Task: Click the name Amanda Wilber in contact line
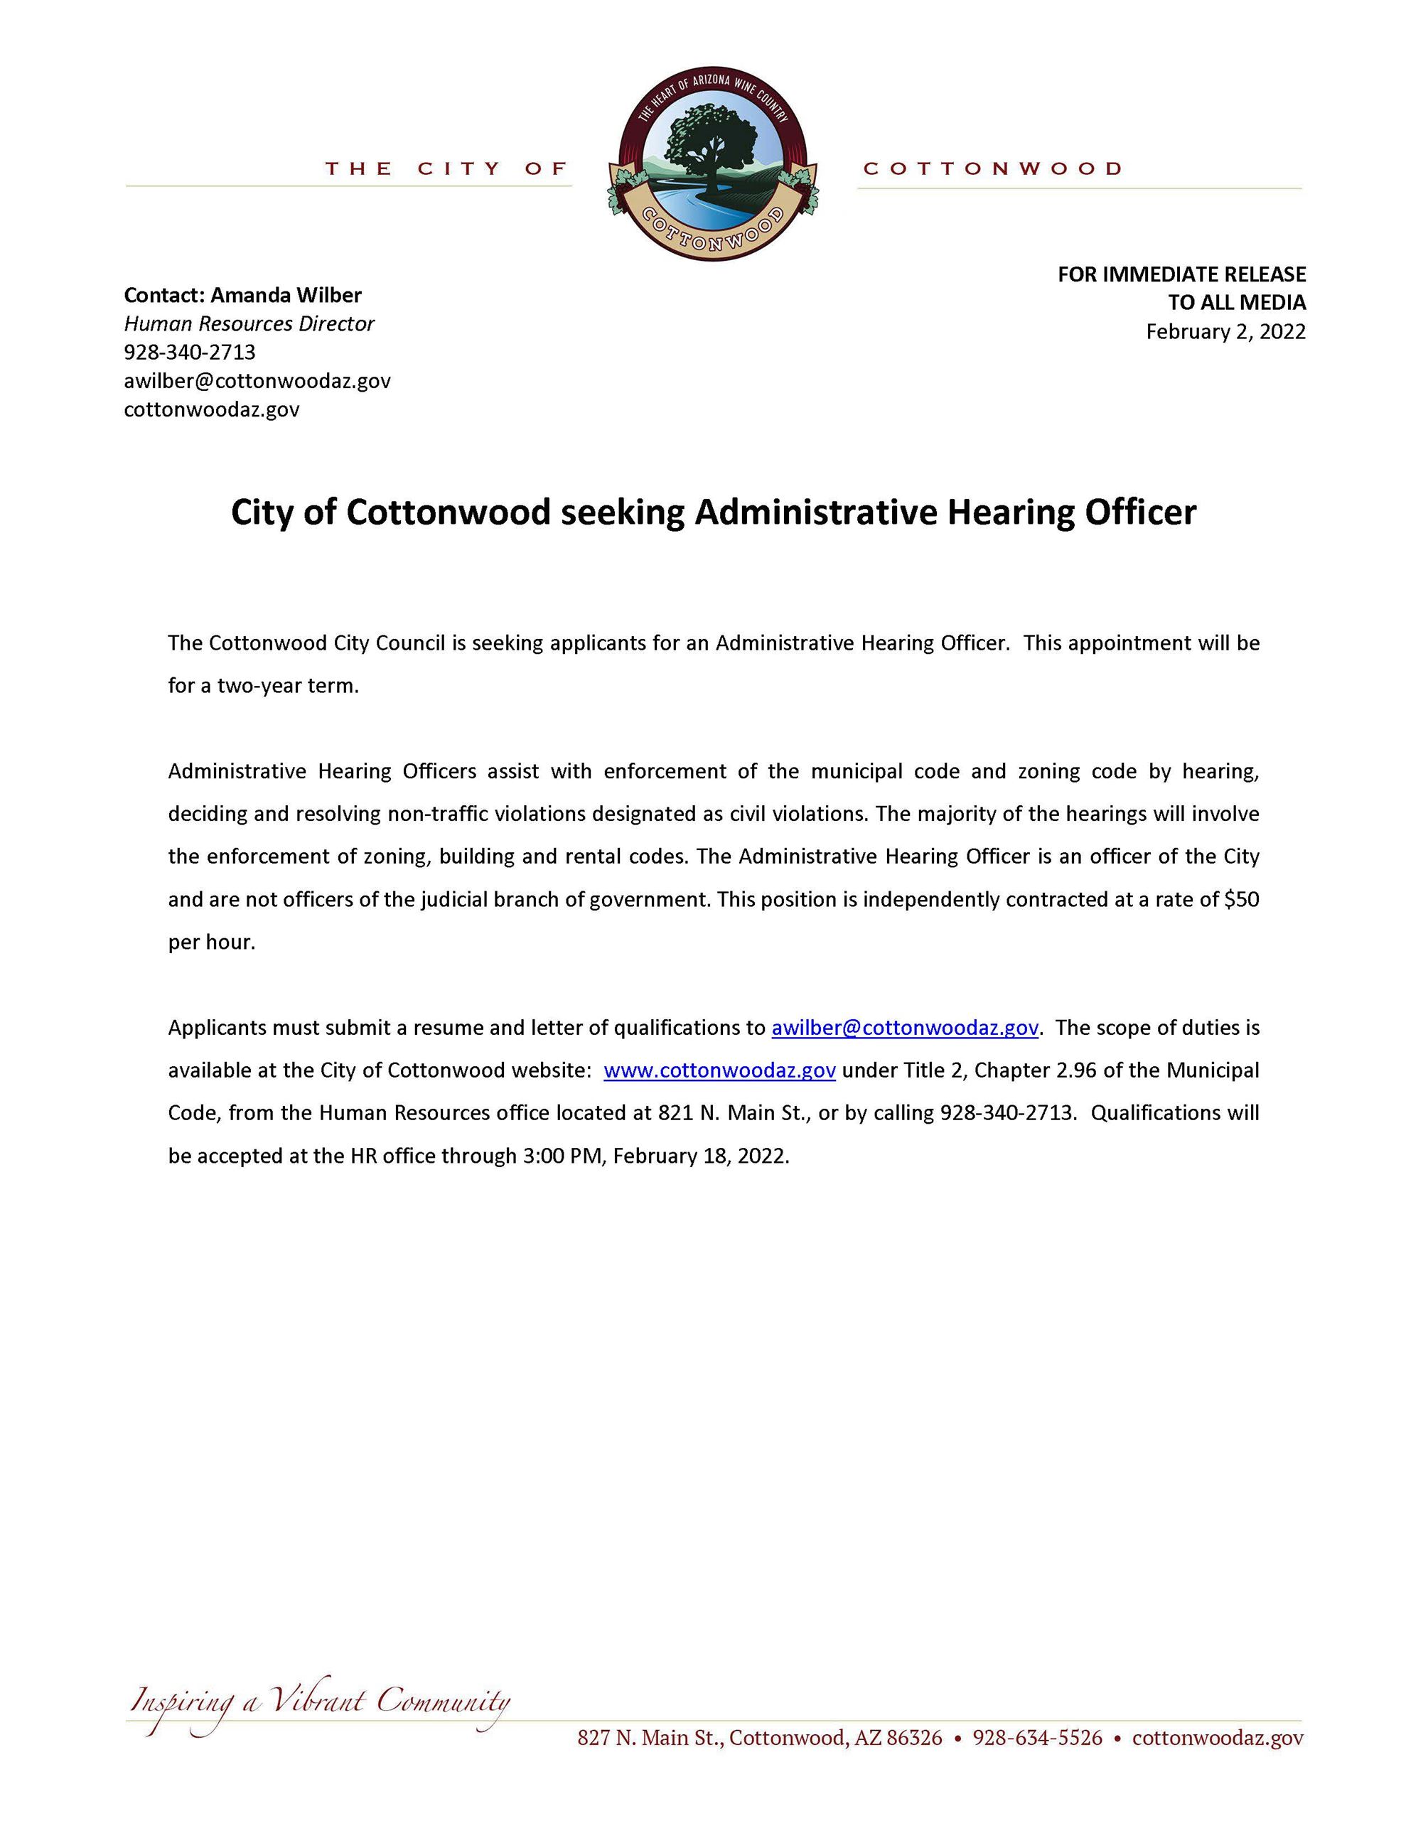tap(286, 295)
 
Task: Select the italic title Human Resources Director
tap(249, 324)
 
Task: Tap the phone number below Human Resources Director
tap(190, 352)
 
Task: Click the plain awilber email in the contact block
tap(257, 381)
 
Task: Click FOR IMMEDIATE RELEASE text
tap(1181, 274)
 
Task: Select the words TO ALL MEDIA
tap(1237, 302)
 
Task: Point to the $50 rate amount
tap(1241, 899)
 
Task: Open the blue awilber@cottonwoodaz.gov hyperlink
tap(904, 1028)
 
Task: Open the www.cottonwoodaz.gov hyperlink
tap(719, 1070)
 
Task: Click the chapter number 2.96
tap(1075, 1070)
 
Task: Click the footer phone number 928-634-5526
tap(1037, 1738)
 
